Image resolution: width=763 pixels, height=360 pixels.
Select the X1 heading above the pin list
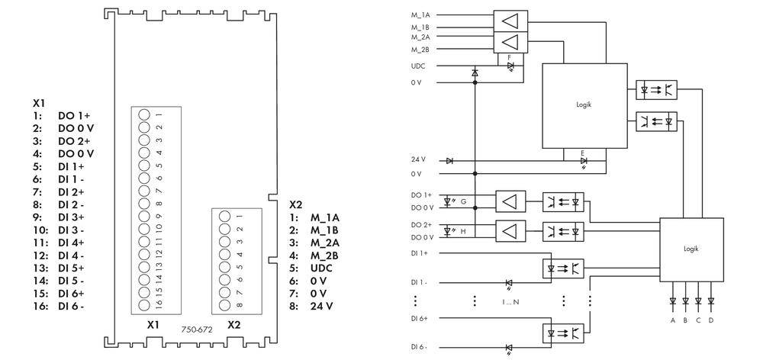[x=39, y=101]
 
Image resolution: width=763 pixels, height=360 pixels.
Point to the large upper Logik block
[x=583, y=106]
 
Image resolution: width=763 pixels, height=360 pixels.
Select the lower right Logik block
[x=691, y=249]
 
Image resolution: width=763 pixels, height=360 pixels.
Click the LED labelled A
[x=672, y=302]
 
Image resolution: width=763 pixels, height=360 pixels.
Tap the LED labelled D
[x=711, y=302]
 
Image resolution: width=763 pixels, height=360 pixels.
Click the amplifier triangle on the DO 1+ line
[x=510, y=202]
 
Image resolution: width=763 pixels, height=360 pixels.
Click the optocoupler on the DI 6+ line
[x=562, y=333]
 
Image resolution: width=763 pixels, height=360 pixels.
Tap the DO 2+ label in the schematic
[x=421, y=225]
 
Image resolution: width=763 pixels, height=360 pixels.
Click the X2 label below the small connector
[x=233, y=324]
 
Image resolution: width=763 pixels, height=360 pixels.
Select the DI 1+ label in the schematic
[x=420, y=252]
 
